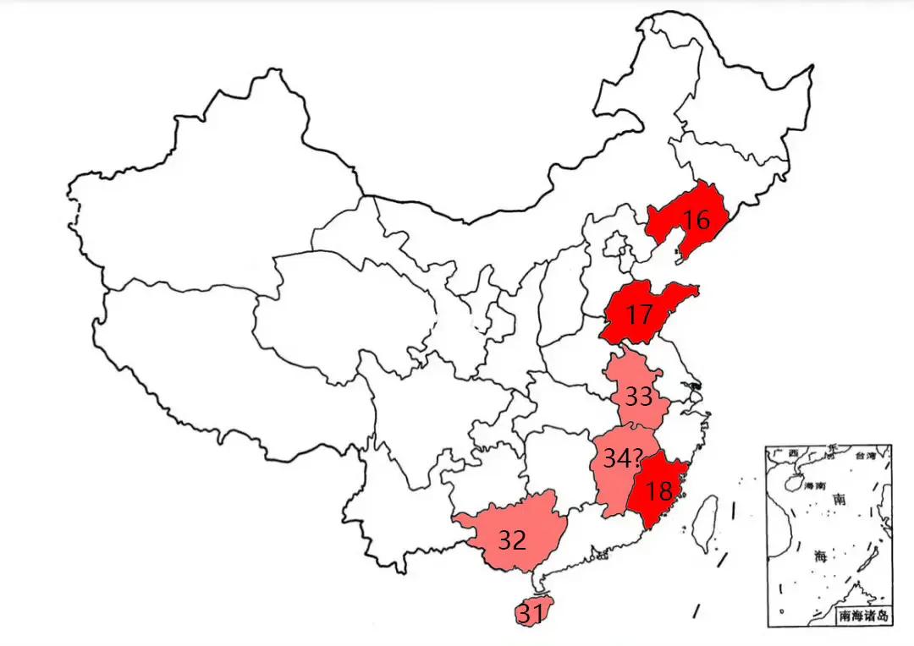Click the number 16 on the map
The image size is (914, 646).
696,221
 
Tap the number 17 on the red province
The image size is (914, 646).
640,315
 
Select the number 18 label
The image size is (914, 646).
658,490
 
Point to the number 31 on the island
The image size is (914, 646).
531,616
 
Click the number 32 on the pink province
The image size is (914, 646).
511,539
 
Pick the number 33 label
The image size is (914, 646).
638,396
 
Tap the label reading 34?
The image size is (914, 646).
621,459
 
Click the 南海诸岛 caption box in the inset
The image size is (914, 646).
862,616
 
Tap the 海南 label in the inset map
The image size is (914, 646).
814,487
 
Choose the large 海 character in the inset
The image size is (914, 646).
820,556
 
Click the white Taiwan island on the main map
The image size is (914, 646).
702,522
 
